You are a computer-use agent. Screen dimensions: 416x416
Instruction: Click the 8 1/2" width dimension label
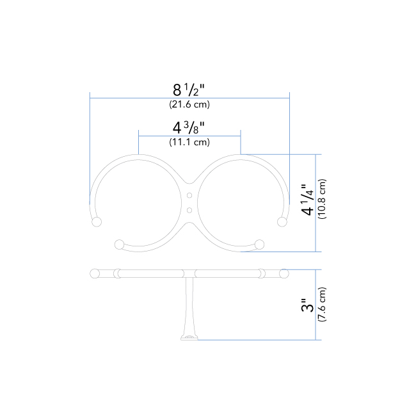pyautogui.click(x=189, y=90)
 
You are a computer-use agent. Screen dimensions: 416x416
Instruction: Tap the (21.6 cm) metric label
pyautogui.click(x=189, y=104)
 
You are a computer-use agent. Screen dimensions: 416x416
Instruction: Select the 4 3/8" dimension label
pyautogui.click(x=189, y=127)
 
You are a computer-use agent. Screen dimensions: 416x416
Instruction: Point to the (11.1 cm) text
pyautogui.click(x=189, y=142)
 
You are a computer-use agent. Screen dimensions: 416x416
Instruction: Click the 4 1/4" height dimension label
pyautogui.click(x=307, y=200)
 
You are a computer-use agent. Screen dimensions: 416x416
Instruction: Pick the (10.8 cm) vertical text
pyautogui.click(x=322, y=199)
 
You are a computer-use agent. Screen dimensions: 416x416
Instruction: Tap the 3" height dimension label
pyautogui.click(x=307, y=305)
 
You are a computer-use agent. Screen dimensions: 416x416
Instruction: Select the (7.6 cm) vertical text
pyautogui.click(x=322, y=305)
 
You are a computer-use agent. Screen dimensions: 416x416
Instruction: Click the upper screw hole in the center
pyautogui.click(x=189, y=196)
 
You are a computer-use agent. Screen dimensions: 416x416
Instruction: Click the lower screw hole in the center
pyautogui.click(x=189, y=211)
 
